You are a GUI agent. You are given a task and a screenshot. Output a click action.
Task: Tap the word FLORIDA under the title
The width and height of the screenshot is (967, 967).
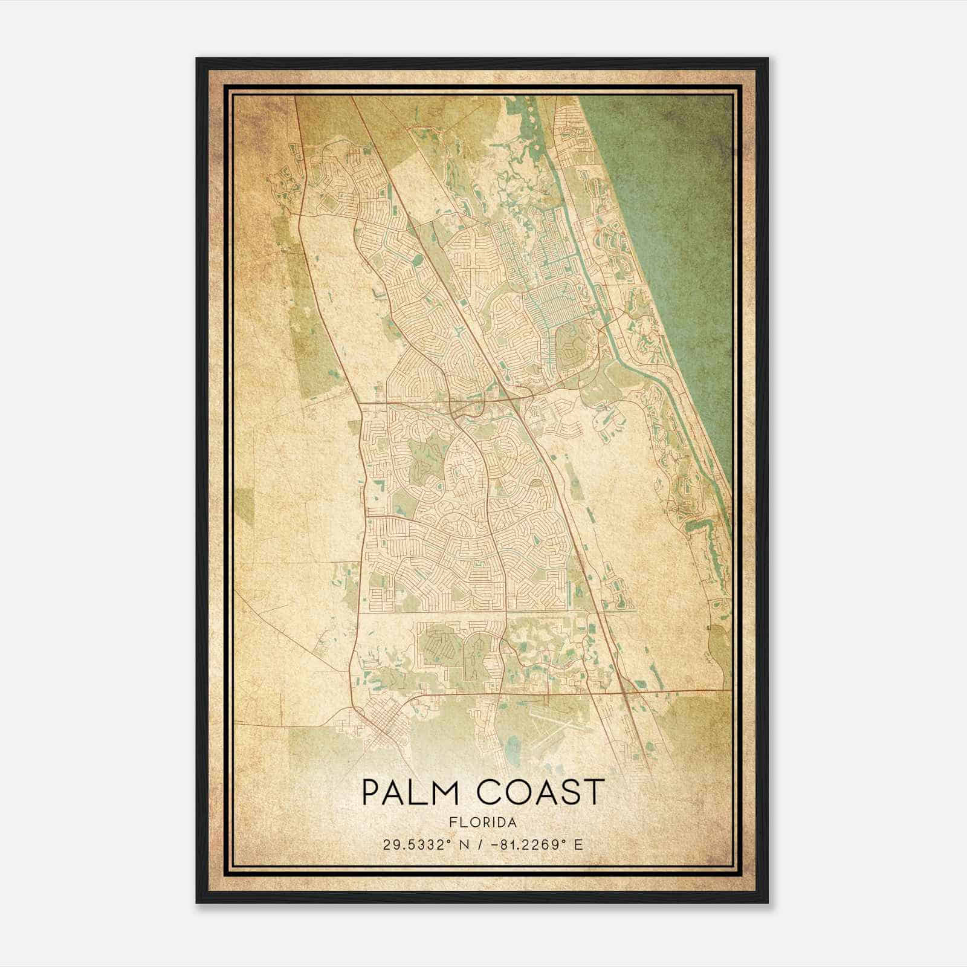coord(483,823)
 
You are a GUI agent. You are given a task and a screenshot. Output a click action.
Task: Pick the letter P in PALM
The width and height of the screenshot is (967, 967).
coord(370,792)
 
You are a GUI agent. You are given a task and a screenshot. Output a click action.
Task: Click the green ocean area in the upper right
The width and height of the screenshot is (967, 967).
coord(677,181)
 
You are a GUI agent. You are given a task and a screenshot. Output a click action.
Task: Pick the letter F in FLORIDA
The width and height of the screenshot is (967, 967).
coord(453,823)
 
